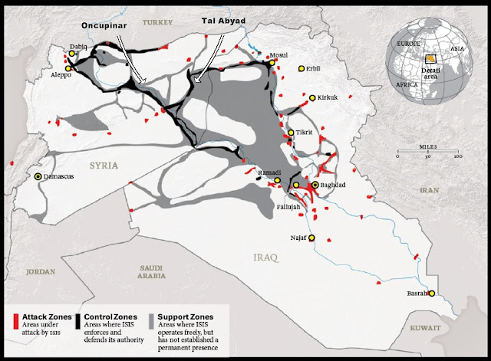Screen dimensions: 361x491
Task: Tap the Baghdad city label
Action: (335, 185)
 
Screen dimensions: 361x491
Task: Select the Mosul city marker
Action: (265, 64)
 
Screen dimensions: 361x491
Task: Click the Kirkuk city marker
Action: (312, 98)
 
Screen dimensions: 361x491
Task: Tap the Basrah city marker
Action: (433, 293)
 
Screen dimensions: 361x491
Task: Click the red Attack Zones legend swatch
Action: (16, 324)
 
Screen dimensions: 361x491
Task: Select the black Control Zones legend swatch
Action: (79, 324)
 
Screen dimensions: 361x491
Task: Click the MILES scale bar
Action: (427, 155)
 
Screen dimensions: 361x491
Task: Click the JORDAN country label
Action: (41, 271)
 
